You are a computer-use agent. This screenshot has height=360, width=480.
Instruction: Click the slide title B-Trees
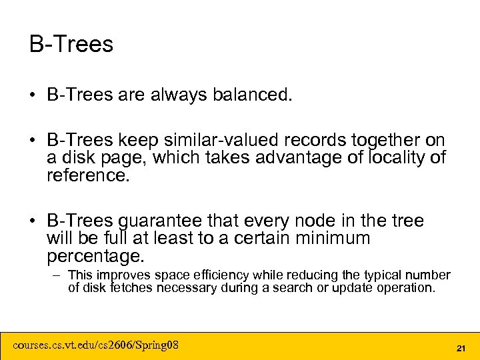coord(71,45)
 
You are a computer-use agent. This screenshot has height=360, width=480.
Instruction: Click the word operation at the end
coord(406,288)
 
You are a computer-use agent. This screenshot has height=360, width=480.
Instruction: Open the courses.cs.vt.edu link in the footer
coord(95,345)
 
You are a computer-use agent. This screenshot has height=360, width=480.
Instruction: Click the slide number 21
coord(460,348)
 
